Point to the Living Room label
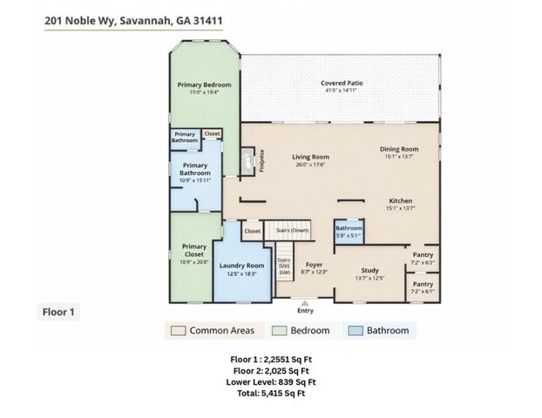[x=308, y=158]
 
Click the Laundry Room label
[x=241, y=266]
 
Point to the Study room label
[x=370, y=269]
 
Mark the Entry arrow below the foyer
[x=305, y=301]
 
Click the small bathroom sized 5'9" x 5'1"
[x=349, y=230]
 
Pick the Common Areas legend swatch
[x=178, y=330]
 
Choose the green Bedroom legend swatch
[x=281, y=330]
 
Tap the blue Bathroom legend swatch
[x=356, y=330]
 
